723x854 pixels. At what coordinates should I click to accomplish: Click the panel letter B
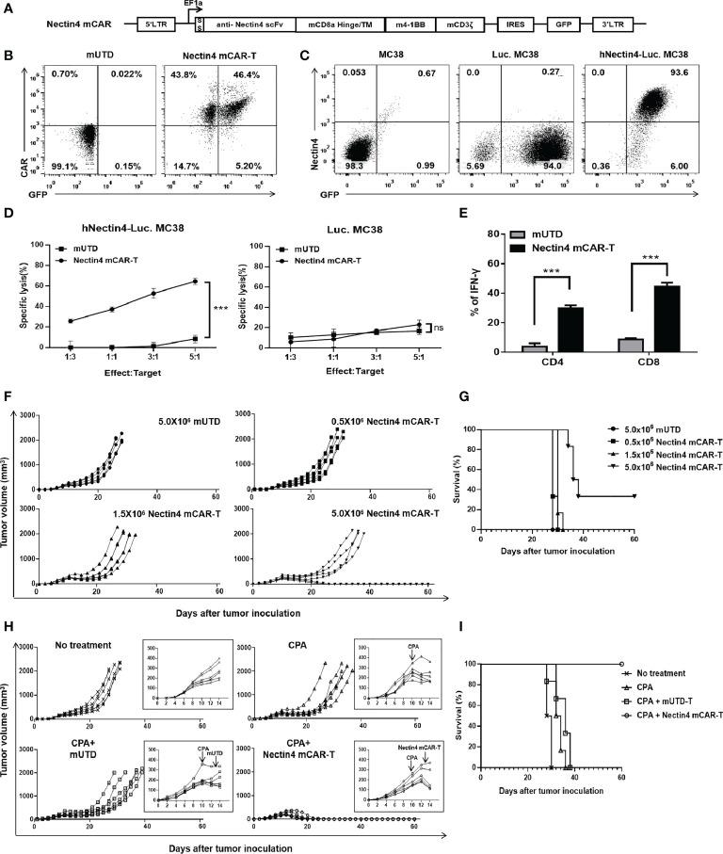click(9, 57)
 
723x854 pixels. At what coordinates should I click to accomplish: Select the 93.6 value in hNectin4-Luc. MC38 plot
click(674, 75)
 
